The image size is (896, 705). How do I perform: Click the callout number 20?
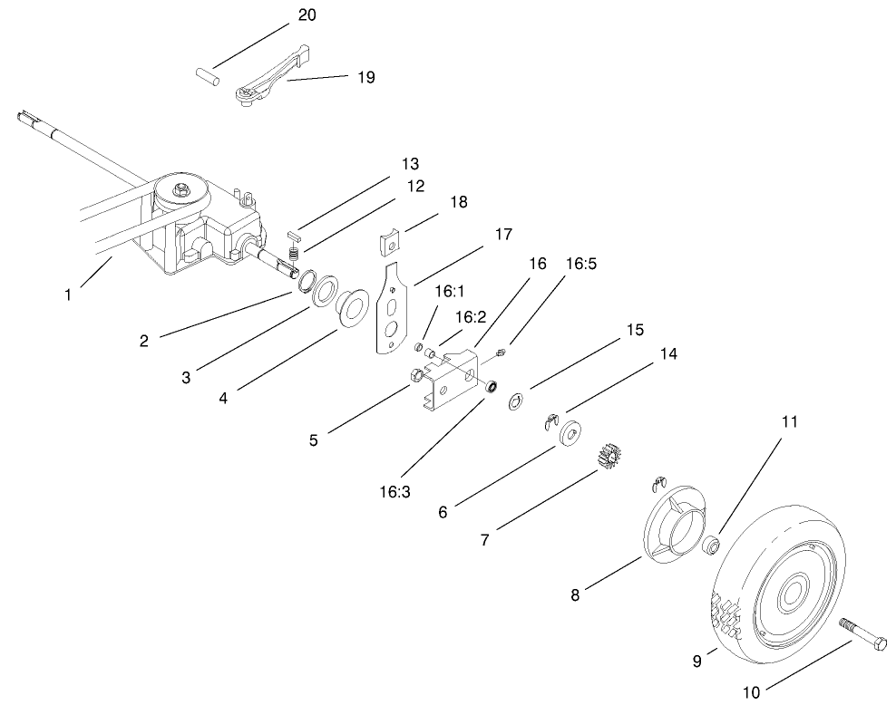(x=307, y=14)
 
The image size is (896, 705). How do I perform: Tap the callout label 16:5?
(x=581, y=264)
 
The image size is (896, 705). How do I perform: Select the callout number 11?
(x=789, y=422)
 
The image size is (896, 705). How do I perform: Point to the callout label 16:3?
(x=394, y=491)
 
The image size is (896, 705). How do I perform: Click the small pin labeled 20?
(x=208, y=77)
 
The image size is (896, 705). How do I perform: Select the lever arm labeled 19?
(x=272, y=74)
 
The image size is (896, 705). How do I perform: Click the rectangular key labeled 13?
(x=295, y=235)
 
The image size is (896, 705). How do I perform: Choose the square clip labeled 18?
(x=391, y=241)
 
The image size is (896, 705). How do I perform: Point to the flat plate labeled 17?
(x=394, y=308)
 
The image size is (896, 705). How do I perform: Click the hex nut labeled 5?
(x=416, y=376)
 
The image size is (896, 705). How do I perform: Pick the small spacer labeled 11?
(x=711, y=545)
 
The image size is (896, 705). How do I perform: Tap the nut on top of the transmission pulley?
(x=182, y=188)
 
